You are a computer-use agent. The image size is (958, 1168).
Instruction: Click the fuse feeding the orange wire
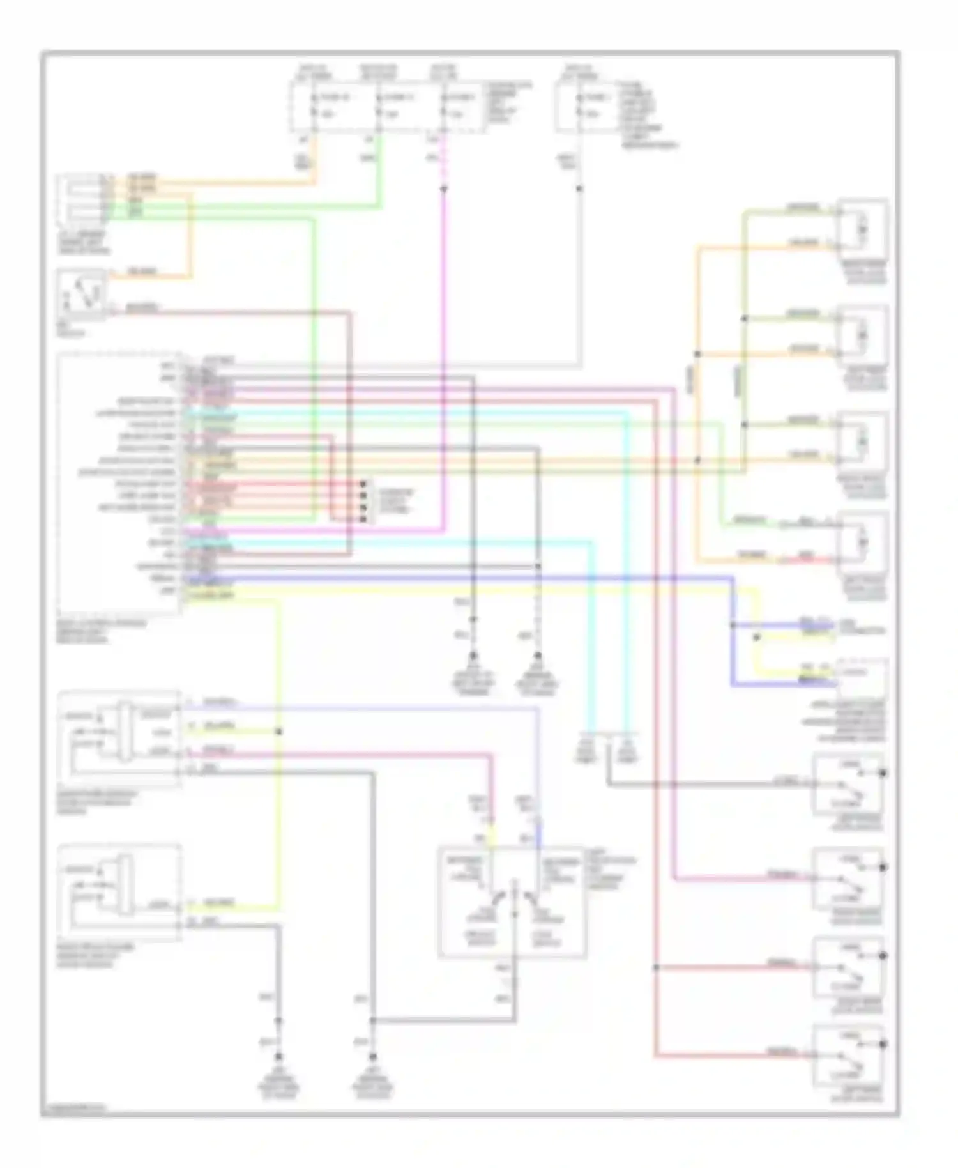[314, 107]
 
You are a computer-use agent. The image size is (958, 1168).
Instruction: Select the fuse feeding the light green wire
[379, 107]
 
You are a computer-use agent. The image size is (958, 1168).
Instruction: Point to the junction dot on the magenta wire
[445, 189]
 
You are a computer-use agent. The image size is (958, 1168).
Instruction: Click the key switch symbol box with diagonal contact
[81, 295]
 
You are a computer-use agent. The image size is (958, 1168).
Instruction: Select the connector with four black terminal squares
[363, 502]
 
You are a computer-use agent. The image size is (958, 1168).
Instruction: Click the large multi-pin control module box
[119, 482]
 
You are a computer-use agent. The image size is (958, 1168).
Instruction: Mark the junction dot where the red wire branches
[656, 967]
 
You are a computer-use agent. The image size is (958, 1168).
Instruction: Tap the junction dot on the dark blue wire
[733, 625]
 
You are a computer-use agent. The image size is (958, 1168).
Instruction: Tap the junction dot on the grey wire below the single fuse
[580, 189]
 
